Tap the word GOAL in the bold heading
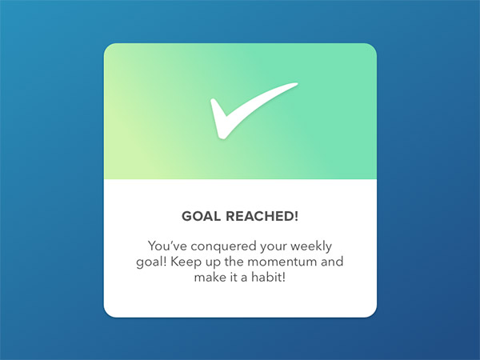[201, 216]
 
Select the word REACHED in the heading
[258, 216]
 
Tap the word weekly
[311, 246]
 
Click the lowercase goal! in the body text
[151, 262]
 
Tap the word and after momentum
[332, 262]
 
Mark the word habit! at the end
[269, 277]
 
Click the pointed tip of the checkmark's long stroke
[298, 83]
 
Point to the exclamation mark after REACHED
[295, 216]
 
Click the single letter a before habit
[244, 278]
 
